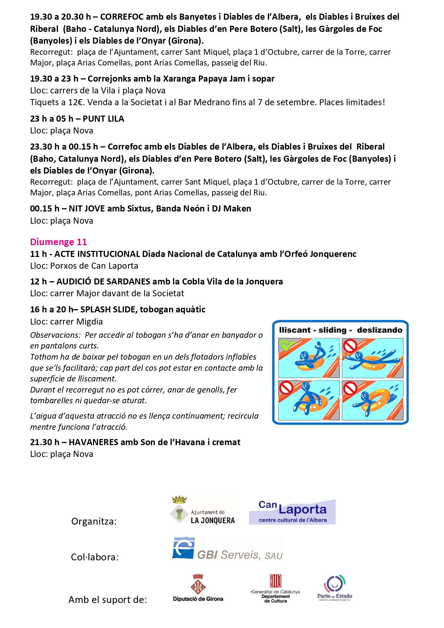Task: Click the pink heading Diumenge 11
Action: click(58, 242)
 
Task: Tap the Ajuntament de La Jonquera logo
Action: click(203, 511)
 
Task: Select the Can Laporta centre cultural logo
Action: click(292, 512)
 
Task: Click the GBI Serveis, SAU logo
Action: click(227, 549)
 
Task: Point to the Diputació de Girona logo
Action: click(198, 589)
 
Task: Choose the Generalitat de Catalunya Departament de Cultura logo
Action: click(275, 589)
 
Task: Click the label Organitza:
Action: click(94, 521)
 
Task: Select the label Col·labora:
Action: click(95, 557)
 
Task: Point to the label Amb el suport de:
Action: click(108, 600)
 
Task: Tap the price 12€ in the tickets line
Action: click(76, 102)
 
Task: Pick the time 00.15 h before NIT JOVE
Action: click(45, 209)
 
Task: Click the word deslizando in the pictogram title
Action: click(380, 330)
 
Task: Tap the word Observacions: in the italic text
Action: click(55, 335)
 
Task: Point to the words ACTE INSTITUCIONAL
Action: click(97, 254)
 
